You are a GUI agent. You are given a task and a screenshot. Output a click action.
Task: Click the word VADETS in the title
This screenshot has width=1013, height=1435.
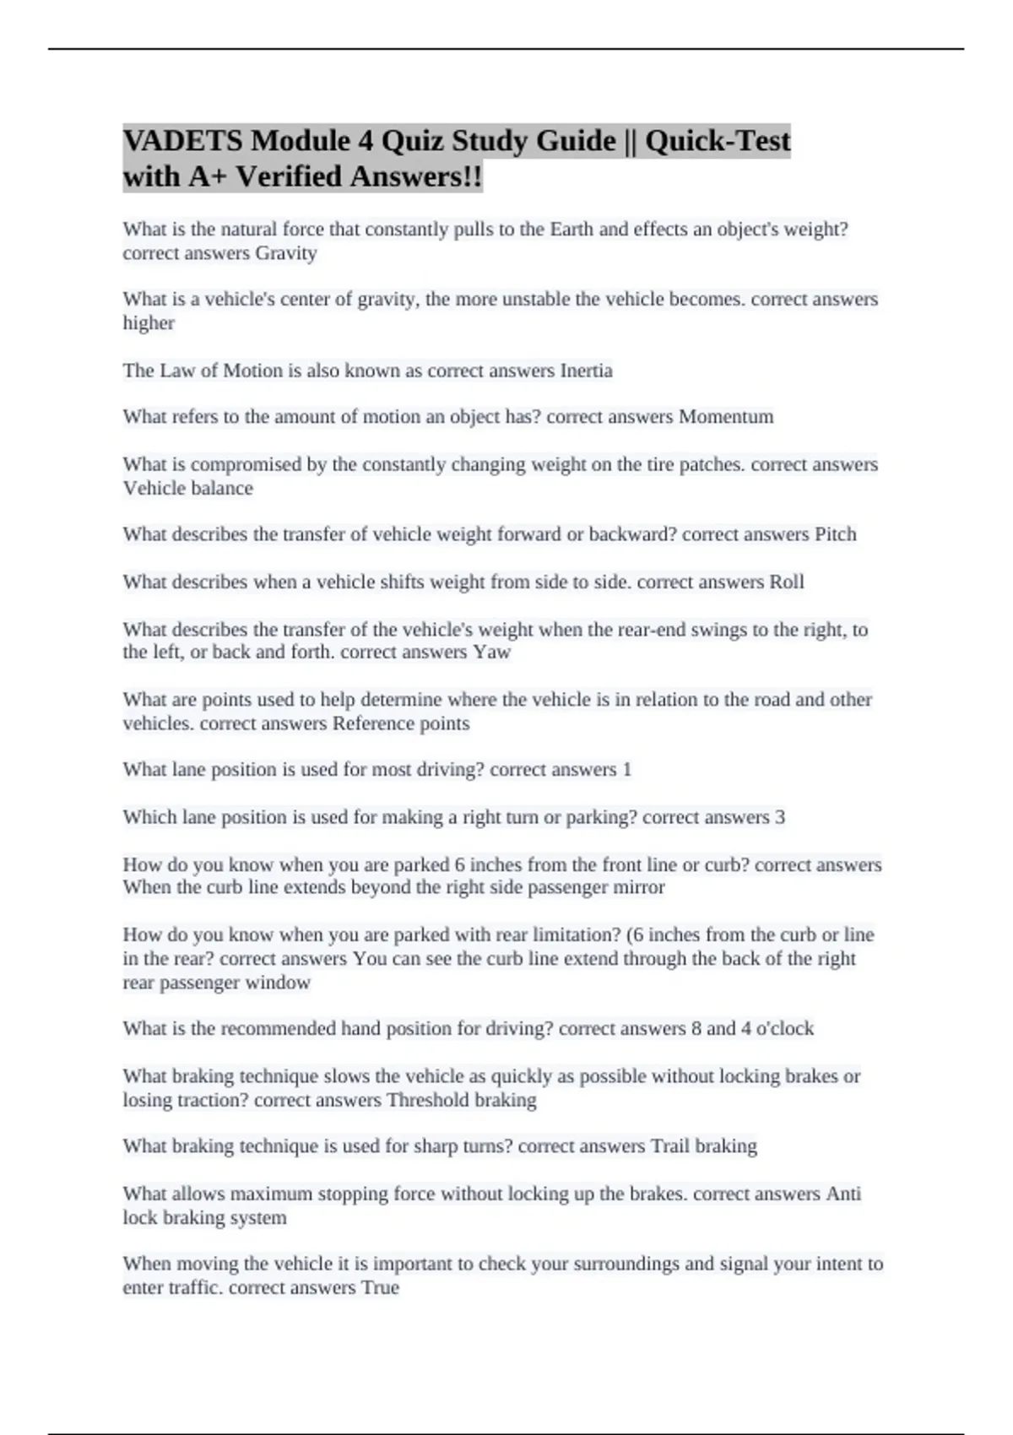click(x=181, y=140)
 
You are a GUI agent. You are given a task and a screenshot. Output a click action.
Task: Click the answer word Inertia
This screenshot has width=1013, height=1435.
click(x=586, y=371)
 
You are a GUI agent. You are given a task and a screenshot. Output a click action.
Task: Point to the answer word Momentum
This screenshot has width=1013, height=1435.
click(x=726, y=417)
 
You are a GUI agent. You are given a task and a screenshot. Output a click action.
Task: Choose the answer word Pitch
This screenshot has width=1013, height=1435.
click(x=835, y=534)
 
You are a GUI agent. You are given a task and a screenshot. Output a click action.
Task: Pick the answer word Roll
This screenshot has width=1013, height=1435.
click(x=786, y=582)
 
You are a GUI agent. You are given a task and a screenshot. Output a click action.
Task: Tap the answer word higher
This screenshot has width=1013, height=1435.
click(x=149, y=323)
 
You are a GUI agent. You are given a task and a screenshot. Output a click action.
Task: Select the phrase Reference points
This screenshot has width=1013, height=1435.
click(x=401, y=723)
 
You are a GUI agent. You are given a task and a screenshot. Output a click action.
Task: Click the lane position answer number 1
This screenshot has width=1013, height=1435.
click(x=626, y=770)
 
